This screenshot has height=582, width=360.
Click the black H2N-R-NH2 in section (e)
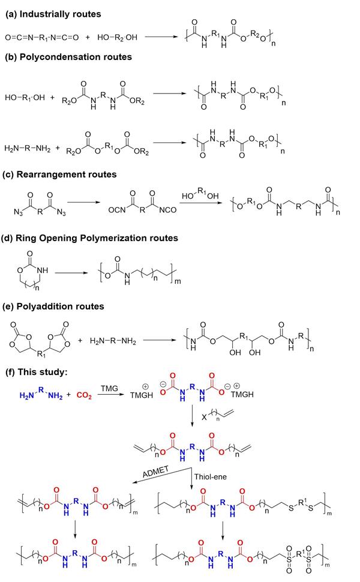tap(115, 342)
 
